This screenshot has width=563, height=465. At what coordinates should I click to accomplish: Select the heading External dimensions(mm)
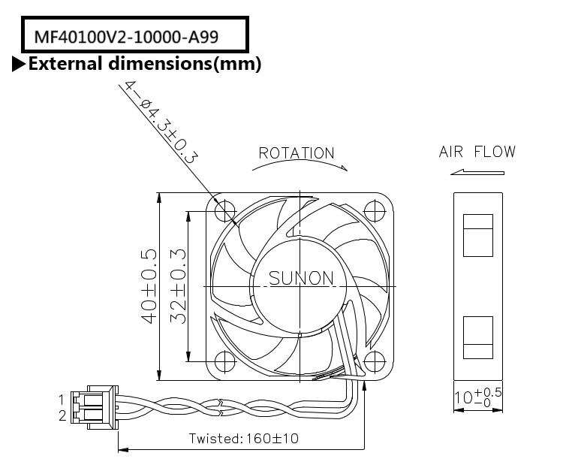[x=144, y=64]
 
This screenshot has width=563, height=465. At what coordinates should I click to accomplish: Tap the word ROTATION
[x=297, y=153]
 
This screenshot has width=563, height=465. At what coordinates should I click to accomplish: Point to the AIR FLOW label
[x=477, y=152]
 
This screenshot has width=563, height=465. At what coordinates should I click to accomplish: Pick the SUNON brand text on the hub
[x=301, y=279]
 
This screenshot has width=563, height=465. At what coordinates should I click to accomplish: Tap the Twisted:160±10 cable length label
[x=243, y=437]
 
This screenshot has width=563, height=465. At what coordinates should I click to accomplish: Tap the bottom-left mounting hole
[x=226, y=360]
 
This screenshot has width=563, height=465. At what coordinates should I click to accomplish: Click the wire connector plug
[x=93, y=406]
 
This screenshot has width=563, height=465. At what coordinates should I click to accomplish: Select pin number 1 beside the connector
[x=62, y=399]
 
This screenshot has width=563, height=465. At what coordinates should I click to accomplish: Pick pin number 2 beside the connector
[x=62, y=414]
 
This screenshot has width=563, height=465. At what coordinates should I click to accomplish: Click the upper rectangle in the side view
[x=478, y=234]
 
